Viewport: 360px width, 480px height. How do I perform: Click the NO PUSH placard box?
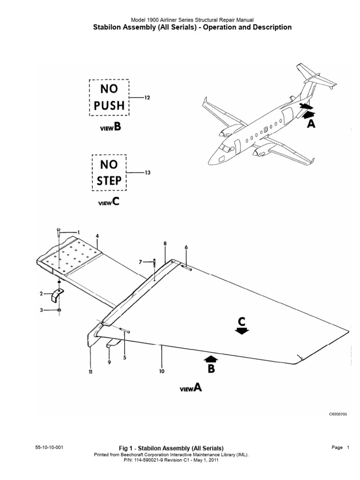110,97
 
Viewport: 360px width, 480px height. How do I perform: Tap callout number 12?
147,97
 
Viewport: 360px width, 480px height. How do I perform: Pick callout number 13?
147,172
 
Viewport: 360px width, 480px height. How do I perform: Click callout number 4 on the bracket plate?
97,236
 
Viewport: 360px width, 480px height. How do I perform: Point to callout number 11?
90,372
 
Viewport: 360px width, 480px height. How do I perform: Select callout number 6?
186,247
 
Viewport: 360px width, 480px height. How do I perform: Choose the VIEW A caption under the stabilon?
191,388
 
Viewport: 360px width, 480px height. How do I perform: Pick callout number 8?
165,243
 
